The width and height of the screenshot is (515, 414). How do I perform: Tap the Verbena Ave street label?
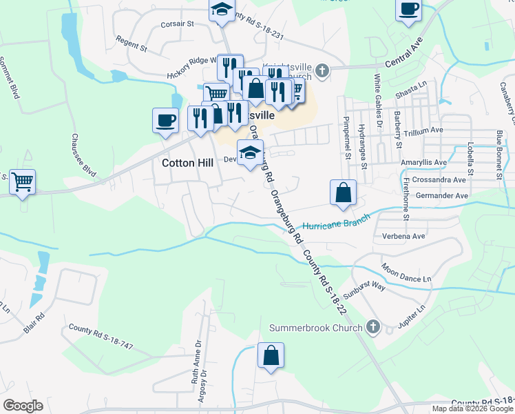click(403, 237)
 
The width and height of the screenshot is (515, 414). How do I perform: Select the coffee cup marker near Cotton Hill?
click(165, 121)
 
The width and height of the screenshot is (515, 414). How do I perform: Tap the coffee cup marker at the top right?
click(408, 9)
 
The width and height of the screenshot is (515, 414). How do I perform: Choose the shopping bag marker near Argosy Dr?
click(271, 356)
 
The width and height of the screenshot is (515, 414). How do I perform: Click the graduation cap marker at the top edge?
click(222, 9)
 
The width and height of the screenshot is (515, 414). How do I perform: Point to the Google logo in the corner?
click(23, 406)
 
